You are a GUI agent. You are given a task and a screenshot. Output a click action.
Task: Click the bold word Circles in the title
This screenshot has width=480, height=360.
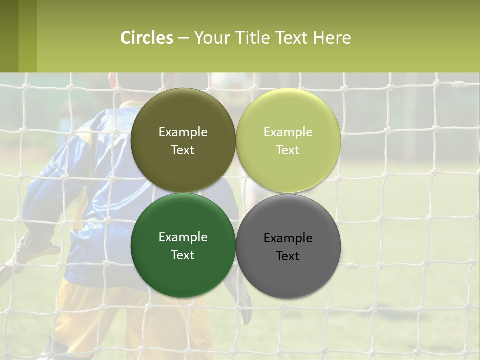click(x=147, y=38)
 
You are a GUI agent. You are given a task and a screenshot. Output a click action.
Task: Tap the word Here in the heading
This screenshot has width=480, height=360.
click(x=332, y=38)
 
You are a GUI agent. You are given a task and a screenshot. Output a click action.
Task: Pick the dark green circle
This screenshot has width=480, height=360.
click(x=183, y=275)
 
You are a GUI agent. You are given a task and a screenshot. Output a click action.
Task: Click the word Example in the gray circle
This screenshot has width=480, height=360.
click(x=288, y=238)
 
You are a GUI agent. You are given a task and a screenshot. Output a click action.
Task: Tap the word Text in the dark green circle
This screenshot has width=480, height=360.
click(x=183, y=255)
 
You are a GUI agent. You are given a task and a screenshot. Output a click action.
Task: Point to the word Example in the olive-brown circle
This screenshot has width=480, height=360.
click(x=183, y=132)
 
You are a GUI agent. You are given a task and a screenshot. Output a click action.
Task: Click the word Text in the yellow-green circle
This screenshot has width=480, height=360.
click(x=288, y=150)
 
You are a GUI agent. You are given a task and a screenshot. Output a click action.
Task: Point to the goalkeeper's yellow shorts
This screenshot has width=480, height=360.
click(x=125, y=320)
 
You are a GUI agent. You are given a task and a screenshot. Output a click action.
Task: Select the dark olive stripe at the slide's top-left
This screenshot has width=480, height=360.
click(x=9, y=36)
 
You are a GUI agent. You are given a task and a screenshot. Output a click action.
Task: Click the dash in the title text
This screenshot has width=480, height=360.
click(x=183, y=38)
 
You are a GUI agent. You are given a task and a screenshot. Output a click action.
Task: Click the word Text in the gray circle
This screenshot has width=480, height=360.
click(x=288, y=256)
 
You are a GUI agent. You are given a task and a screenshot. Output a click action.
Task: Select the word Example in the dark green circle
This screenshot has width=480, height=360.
click(x=183, y=237)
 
